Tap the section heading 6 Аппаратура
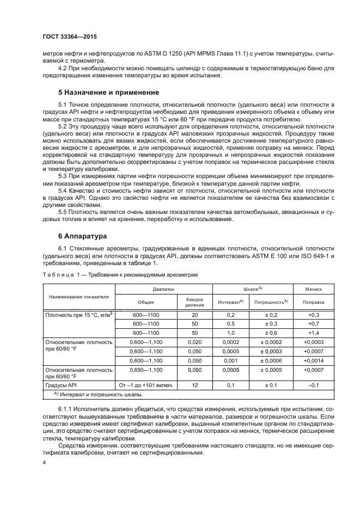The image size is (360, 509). pyautogui.click(x=83, y=237)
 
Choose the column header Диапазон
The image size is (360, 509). pyautogui.click(x=163, y=290)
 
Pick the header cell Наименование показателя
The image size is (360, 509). pyautogui.click(x=79, y=297)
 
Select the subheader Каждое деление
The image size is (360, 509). pyautogui.click(x=194, y=302)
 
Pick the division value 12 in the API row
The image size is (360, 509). pyautogui.click(x=194, y=385)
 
